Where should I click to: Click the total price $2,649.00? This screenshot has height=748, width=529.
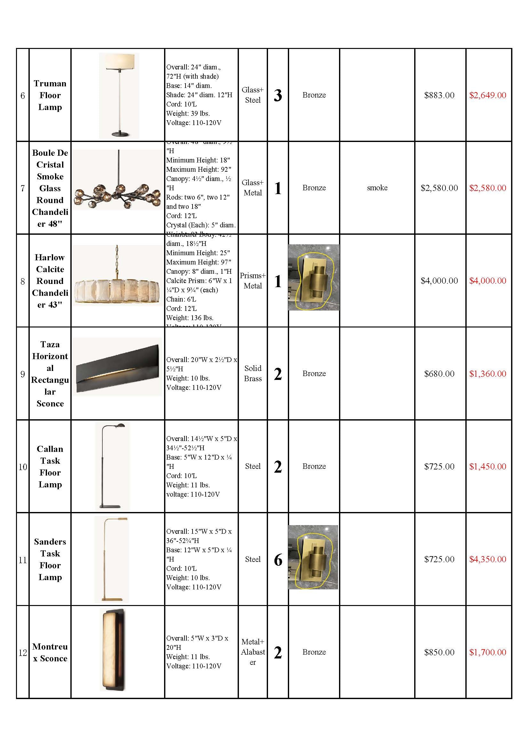[488, 95]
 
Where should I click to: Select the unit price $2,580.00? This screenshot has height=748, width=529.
[439, 188]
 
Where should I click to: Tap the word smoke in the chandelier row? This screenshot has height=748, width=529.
[377, 188]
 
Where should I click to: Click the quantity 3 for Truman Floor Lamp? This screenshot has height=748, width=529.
[278, 95]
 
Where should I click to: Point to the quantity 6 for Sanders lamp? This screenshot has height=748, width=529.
[278, 560]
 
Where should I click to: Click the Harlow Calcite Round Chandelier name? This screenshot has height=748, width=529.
[50, 281]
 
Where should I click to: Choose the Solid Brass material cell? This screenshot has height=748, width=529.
[253, 373]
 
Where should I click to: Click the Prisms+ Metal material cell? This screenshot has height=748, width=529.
[253, 280]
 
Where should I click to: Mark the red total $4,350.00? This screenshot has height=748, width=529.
[488, 559]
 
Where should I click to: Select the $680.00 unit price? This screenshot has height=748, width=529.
[439, 374]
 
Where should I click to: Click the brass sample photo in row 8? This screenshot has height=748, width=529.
[314, 277]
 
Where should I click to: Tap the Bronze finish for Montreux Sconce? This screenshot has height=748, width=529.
[314, 652]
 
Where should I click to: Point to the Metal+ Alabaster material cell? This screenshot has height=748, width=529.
[253, 652]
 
